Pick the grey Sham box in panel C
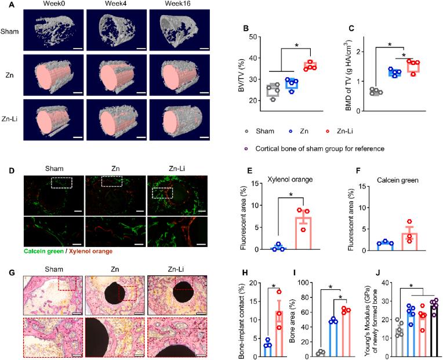[376, 92]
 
